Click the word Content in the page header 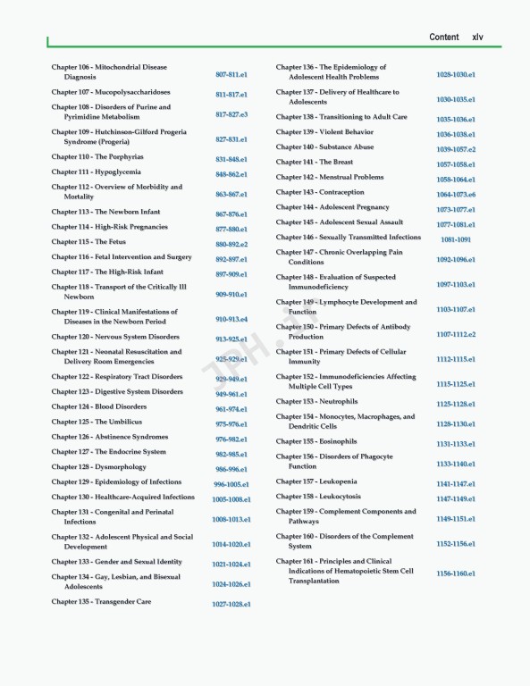coord(444,37)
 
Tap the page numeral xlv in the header coord(478,37)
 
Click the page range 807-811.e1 coord(231,74)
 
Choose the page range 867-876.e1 coord(231,214)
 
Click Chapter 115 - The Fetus coord(88,242)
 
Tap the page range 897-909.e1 coord(231,274)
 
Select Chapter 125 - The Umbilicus coord(96,422)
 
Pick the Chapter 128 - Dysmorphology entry coord(98,467)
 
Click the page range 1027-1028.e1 coord(231,605)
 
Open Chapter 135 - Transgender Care coord(101,602)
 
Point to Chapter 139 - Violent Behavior coord(324,132)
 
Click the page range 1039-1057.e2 coord(456,150)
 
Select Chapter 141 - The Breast coord(314,163)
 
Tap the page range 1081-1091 coord(456,239)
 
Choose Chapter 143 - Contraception coord(320,192)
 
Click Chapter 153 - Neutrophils coord(316,402)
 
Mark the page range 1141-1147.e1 coord(456,483)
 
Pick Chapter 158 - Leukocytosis coord(318,497)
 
